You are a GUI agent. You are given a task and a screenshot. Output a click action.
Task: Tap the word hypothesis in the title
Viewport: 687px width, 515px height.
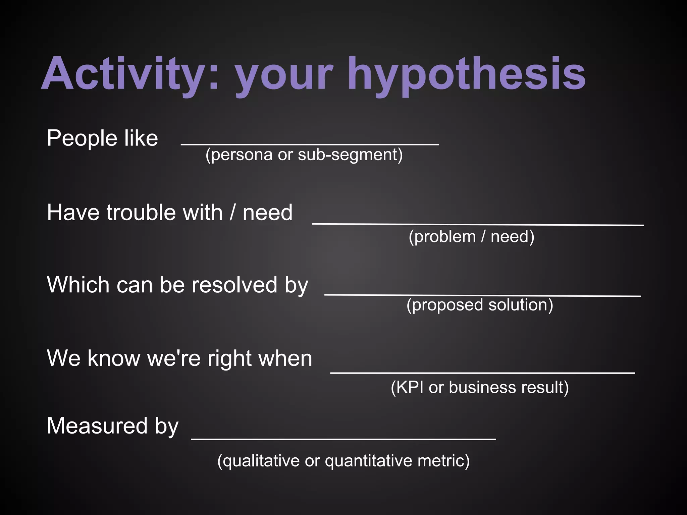466,74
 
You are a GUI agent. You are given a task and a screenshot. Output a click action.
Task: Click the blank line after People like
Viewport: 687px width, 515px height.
309,144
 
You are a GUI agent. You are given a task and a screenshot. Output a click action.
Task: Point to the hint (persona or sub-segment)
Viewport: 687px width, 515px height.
304,155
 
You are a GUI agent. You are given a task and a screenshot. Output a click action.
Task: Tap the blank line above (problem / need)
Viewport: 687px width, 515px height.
478,224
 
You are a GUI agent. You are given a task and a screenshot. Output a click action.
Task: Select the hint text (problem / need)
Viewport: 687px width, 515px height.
471,237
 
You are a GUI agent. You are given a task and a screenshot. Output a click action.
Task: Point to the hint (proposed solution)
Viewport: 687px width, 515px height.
480,305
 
